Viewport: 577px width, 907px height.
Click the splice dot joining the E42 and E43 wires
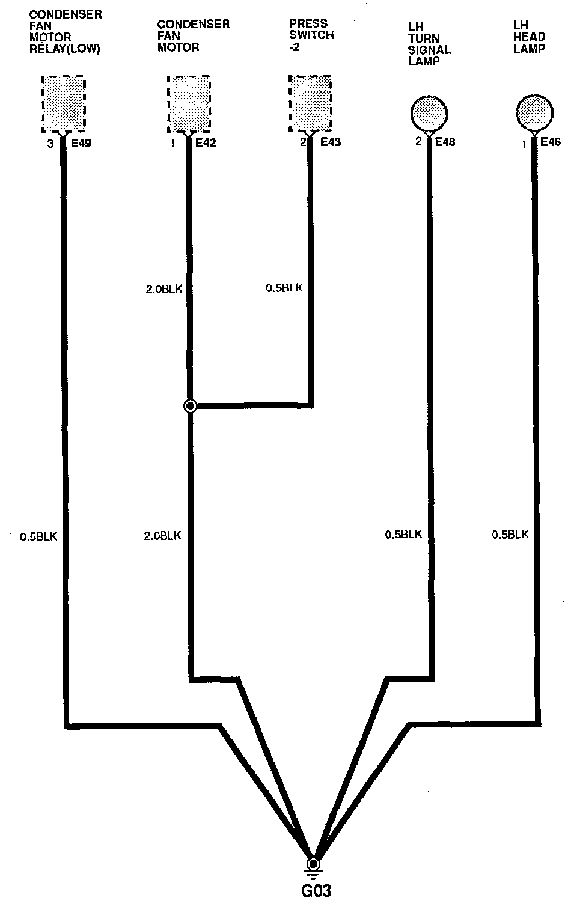click(x=190, y=405)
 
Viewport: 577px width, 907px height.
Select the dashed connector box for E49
click(x=64, y=104)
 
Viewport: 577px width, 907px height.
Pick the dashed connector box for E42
click(x=189, y=104)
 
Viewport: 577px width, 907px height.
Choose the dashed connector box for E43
click(x=310, y=103)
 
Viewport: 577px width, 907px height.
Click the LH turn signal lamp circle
click(x=429, y=114)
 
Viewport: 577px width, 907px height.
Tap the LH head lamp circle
click(x=534, y=112)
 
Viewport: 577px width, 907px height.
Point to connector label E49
click(x=81, y=143)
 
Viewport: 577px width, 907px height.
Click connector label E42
click(x=206, y=142)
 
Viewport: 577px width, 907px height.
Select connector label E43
click(x=331, y=142)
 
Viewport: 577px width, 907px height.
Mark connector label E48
click(x=445, y=141)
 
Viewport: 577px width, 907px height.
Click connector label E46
click(x=551, y=141)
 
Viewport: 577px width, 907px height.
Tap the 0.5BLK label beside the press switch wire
click(x=284, y=288)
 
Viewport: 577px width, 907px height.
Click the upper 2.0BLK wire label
click(x=164, y=289)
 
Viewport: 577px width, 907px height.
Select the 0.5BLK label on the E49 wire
click(x=38, y=536)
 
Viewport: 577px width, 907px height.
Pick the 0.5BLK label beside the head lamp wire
click(x=510, y=535)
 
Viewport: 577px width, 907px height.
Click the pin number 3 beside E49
click(x=50, y=144)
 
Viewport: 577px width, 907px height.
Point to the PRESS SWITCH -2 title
click(x=311, y=35)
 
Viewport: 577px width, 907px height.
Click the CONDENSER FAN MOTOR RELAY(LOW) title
click(x=66, y=32)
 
